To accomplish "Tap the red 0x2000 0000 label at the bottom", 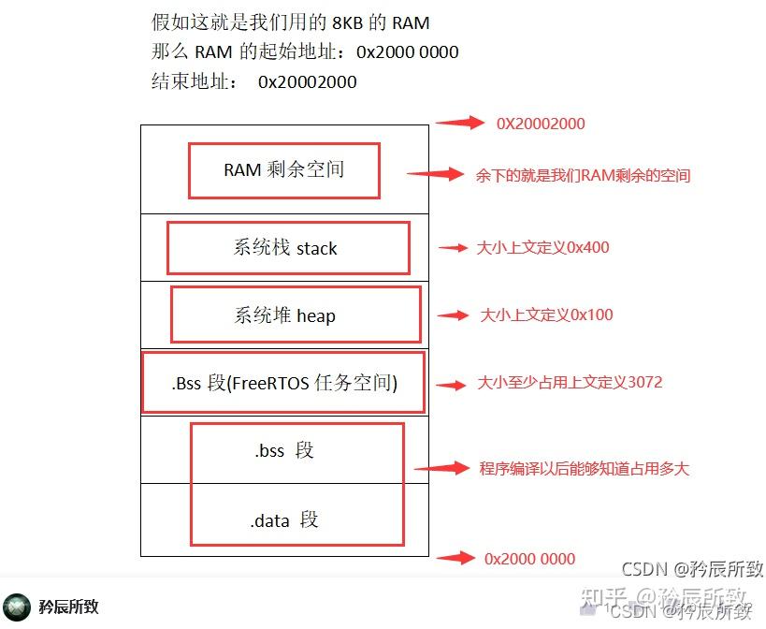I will [529, 559].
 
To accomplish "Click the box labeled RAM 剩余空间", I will [284, 169].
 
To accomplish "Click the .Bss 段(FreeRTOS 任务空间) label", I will [284, 382].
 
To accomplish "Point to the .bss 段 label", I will [284, 450].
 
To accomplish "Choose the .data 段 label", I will [284, 519].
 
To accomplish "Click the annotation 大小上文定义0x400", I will [543, 248].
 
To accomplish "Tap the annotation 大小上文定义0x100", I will [546, 315].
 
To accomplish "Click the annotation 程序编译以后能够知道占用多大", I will [584, 468].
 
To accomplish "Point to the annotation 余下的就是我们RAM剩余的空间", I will [583, 175].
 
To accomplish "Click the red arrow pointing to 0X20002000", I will [458, 122].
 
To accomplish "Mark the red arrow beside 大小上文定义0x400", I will [454, 248].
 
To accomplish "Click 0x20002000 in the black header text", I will [308, 82].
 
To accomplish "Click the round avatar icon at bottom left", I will [16, 606].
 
